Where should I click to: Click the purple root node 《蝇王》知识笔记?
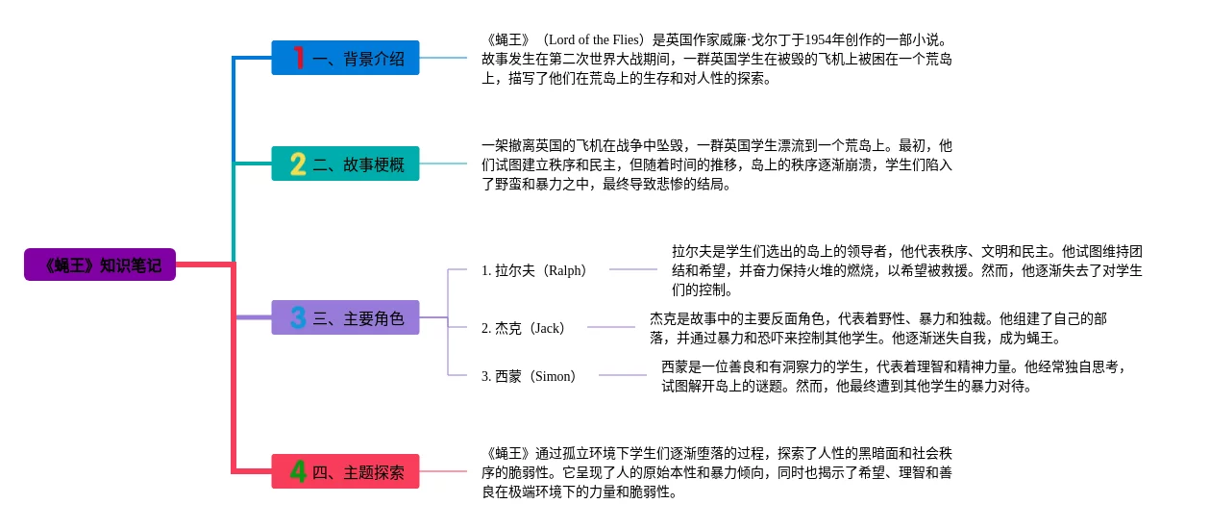tap(100, 264)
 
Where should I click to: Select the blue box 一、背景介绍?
tap(345, 58)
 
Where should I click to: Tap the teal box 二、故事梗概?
tap(345, 164)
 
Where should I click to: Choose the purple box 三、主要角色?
tap(345, 317)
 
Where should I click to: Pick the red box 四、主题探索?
tap(345, 471)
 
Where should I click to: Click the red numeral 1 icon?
tap(298, 58)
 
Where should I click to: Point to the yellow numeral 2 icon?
tap(298, 164)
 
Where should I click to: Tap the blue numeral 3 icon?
tap(298, 317)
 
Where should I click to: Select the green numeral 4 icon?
tap(298, 471)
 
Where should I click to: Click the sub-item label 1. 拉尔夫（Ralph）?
tap(535, 270)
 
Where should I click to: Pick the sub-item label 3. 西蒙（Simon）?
tap(531, 376)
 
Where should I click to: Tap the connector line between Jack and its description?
tap(610, 328)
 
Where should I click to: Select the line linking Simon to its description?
tap(622, 376)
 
